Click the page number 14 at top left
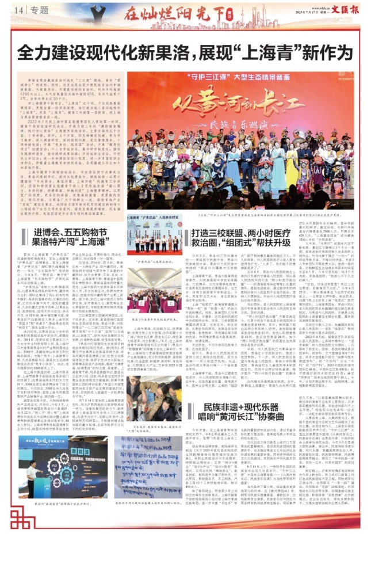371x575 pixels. (x=19, y=10)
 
